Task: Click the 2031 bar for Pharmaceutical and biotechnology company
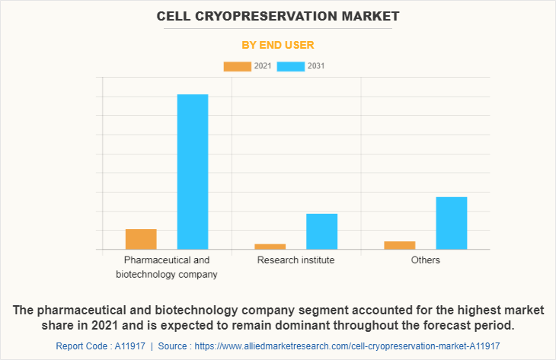click(x=193, y=171)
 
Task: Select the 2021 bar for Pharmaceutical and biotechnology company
click(x=141, y=239)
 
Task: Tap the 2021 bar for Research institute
click(x=270, y=246)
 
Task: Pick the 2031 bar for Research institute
click(x=321, y=231)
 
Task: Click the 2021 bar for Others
click(x=400, y=244)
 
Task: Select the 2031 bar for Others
click(x=451, y=223)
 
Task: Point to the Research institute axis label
click(x=296, y=260)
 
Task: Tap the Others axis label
click(x=425, y=260)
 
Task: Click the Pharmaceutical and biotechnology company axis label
click(x=167, y=267)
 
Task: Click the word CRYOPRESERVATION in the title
click(x=273, y=16)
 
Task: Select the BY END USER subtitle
click(x=277, y=45)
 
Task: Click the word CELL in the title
click(x=174, y=16)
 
